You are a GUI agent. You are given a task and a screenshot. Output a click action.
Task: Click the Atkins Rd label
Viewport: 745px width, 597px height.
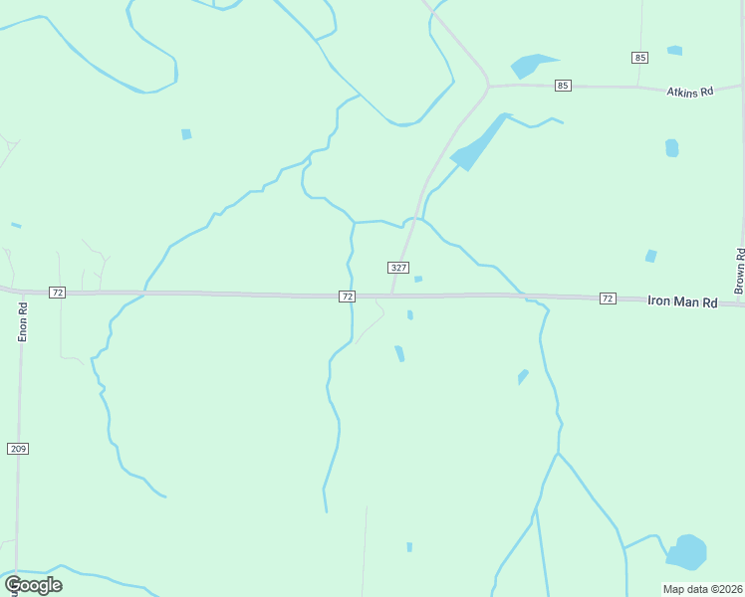point(690,92)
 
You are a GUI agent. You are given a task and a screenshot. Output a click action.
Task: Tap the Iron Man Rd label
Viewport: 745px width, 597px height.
point(682,299)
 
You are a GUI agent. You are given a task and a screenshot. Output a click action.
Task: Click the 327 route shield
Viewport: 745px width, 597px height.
point(398,268)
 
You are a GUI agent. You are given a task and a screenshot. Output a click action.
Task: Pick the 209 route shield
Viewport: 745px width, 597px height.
point(18,449)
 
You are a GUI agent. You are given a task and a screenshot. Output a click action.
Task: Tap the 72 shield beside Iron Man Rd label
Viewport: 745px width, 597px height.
point(608,298)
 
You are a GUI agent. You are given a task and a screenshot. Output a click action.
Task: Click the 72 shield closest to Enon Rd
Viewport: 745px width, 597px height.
point(57,293)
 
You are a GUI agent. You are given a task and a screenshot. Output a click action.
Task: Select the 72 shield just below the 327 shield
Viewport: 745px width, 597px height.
point(347,297)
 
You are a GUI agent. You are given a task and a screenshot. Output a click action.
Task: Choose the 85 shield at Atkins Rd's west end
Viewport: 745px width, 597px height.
point(564,86)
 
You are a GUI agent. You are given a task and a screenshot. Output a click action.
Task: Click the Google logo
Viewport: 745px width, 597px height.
point(34,584)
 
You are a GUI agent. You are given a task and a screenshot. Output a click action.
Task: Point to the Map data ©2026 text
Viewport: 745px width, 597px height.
point(702,589)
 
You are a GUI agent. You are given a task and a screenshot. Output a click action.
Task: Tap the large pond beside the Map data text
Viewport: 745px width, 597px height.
point(686,551)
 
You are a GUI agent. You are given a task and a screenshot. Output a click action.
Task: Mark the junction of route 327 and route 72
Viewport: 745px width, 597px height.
point(391,296)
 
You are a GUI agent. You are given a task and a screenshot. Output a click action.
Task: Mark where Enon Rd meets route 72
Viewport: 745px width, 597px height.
point(22,293)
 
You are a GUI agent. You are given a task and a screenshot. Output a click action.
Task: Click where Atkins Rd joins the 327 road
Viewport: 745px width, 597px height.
point(488,87)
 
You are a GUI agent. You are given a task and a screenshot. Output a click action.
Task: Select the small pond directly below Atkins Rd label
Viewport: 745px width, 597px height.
point(672,148)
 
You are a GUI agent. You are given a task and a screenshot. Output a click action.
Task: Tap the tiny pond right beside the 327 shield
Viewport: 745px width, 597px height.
point(418,279)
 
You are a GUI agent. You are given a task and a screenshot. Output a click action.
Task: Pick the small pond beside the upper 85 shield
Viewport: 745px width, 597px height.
point(674,50)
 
